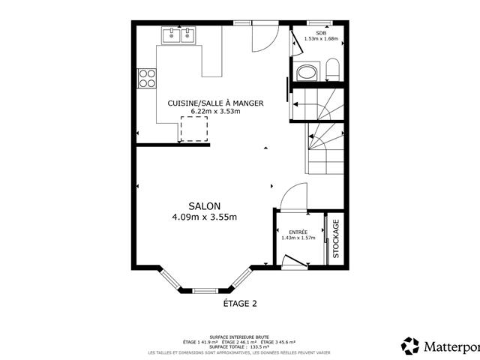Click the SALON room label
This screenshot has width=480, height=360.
click(x=204, y=205)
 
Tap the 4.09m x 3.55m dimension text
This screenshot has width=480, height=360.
click(x=204, y=217)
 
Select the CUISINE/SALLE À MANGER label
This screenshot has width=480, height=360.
click(x=216, y=103)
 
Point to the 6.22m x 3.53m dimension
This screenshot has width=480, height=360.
click(x=216, y=112)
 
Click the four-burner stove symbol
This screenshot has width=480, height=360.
click(x=146, y=78)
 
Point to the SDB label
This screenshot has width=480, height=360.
click(x=321, y=33)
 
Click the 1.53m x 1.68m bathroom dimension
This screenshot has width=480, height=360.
click(x=321, y=39)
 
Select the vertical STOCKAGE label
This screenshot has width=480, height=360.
click(x=336, y=238)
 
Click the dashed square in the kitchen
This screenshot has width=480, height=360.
click(x=193, y=128)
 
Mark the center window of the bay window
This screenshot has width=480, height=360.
click(x=204, y=290)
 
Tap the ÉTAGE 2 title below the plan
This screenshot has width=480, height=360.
click(x=240, y=304)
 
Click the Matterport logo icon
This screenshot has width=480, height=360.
click(x=411, y=346)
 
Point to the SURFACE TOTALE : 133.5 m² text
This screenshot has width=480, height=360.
click(x=240, y=346)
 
